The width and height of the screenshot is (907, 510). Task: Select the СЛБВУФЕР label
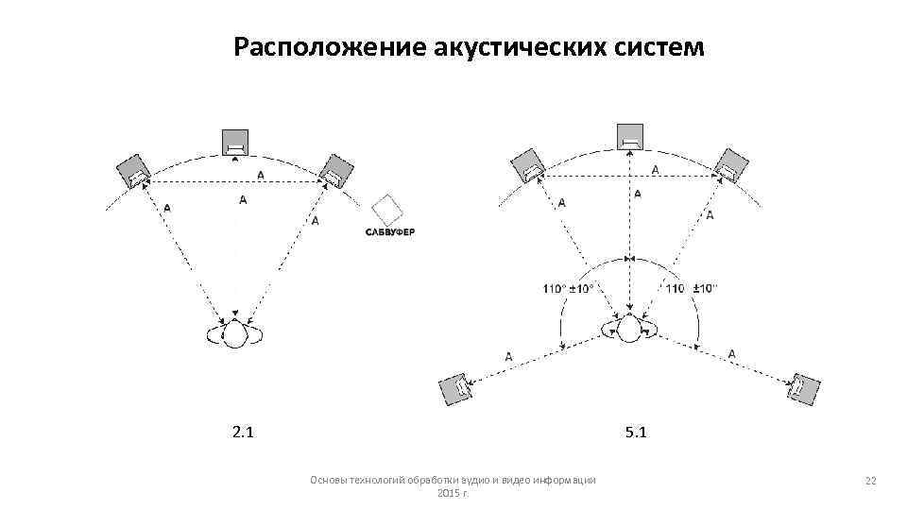point(390,232)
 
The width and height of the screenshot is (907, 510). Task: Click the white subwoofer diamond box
point(386,209)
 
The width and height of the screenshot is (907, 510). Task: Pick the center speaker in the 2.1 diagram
point(234,143)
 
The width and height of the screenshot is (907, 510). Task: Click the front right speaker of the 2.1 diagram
point(334,171)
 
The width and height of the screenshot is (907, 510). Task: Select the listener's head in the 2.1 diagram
point(233,333)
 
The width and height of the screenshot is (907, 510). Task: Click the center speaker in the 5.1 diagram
point(630,138)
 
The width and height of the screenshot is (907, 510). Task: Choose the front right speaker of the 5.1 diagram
point(730,165)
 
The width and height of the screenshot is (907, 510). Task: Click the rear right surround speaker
point(804,387)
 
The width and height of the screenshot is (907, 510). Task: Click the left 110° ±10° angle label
point(569,288)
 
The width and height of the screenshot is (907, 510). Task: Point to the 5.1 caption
point(635,433)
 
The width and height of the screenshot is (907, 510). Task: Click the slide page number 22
point(871,482)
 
